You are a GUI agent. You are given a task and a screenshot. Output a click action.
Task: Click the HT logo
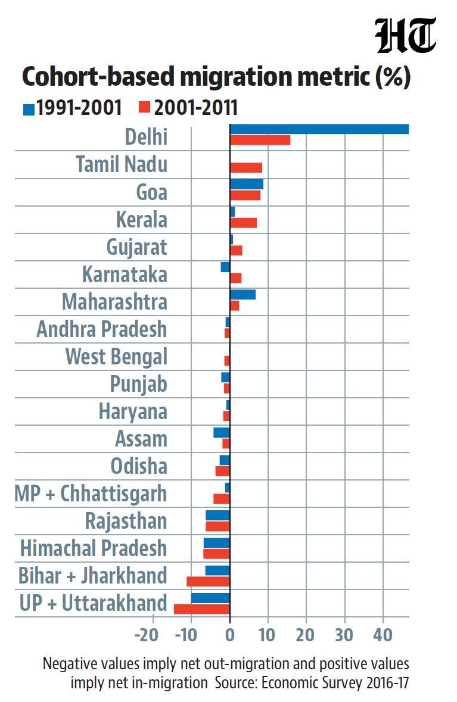(406, 35)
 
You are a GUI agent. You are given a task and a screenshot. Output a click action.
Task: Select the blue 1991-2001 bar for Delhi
(319, 129)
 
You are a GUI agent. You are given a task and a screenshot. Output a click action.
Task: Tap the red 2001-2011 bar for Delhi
(260, 140)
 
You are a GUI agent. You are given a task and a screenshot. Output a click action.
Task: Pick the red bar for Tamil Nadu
(246, 168)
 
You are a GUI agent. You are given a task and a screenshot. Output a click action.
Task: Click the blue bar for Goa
(247, 185)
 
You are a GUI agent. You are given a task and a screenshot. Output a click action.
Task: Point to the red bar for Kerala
(244, 223)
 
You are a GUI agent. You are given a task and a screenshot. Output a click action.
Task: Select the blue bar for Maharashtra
(243, 295)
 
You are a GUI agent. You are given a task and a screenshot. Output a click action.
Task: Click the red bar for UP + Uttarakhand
(201, 609)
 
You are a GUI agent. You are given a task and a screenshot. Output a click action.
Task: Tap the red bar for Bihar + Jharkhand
(209, 582)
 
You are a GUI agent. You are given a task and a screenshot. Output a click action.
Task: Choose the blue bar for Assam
(221, 432)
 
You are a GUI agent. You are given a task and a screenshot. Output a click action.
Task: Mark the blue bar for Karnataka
(225, 267)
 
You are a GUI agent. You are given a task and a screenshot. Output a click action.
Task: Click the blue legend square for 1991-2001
(29, 110)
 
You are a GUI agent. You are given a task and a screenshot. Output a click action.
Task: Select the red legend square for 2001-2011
(144, 107)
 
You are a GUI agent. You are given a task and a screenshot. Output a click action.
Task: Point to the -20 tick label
(147, 635)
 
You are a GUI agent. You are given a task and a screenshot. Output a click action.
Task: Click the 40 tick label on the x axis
(383, 635)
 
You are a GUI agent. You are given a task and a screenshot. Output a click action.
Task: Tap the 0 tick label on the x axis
(230, 635)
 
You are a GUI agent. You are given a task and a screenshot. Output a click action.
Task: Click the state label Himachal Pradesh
(93, 548)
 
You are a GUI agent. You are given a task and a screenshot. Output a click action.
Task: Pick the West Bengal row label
(117, 357)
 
